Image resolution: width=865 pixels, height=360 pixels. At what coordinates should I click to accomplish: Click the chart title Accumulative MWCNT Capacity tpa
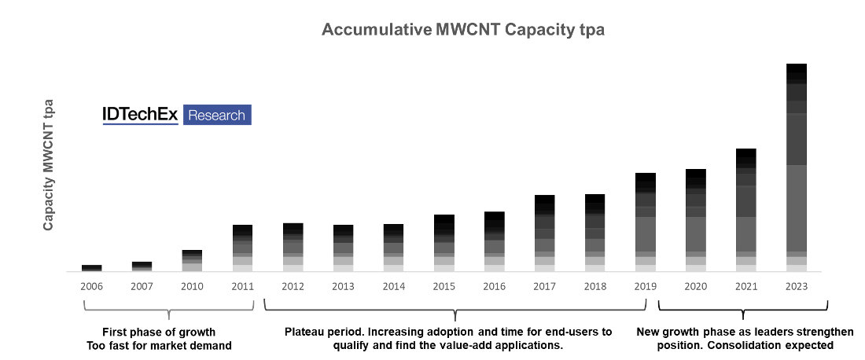(462, 30)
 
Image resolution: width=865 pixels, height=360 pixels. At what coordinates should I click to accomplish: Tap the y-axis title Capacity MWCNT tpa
(49, 164)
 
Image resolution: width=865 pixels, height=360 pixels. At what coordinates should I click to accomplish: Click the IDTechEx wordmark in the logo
(140, 115)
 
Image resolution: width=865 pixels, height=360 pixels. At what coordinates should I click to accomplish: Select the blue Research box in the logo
(217, 115)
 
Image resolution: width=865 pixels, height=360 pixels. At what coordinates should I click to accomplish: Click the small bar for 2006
(92, 268)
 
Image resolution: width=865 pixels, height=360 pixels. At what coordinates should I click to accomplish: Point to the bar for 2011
(243, 248)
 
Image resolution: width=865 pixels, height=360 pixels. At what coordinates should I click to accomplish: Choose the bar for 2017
(545, 233)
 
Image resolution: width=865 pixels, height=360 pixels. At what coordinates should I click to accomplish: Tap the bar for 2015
(444, 243)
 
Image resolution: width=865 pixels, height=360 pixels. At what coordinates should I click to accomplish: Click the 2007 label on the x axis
(142, 286)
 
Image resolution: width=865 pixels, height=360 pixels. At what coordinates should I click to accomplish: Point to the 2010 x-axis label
(193, 286)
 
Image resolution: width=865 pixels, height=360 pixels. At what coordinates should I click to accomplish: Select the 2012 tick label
(293, 286)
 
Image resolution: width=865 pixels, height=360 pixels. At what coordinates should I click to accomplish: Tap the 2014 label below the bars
(394, 286)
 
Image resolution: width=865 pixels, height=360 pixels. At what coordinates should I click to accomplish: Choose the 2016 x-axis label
(495, 286)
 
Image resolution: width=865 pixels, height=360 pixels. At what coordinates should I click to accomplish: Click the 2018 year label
(595, 286)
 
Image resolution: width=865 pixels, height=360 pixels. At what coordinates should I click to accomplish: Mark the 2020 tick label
(696, 286)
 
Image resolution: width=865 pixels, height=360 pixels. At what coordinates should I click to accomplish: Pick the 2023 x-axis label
(797, 286)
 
